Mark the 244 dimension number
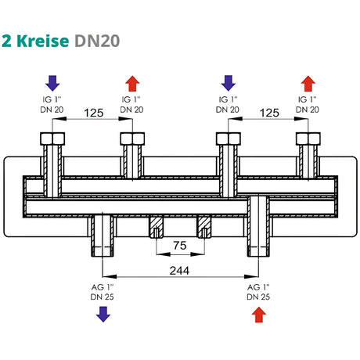point(181,270)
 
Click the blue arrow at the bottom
point(103,315)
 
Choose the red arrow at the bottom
point(259,315)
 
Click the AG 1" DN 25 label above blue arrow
point(103,292)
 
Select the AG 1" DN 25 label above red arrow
point(259,292)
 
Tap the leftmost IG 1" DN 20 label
point(52,106)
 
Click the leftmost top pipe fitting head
point(52,140)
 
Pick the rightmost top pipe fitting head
point(308,140)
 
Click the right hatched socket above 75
point(205,227)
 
